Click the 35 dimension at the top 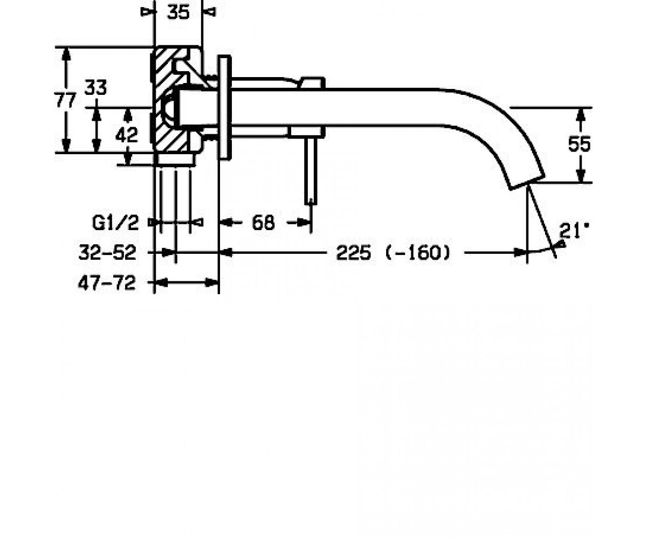(178, 12)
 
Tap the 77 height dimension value (65, 100)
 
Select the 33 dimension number (96, 87)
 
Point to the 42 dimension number (127, 135)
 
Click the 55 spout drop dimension (580, 144)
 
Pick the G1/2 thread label (115, 223)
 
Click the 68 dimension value (264, 223)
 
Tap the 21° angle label (574, 231)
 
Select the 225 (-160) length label (393, 253)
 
